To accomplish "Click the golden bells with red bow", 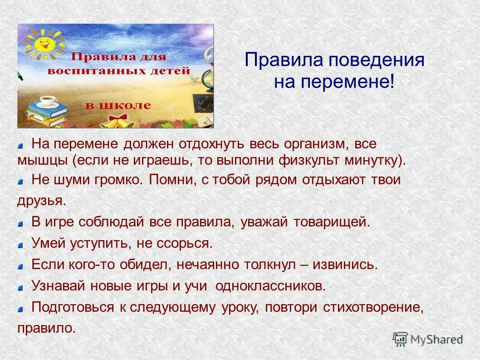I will tap(119, 121).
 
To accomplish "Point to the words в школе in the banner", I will tap(118, 105).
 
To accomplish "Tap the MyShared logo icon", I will tap(400, 339).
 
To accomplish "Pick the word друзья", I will tap(41, 201).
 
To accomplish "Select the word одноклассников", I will tap(270, 286).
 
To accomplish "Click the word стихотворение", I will tap(372, 307).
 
